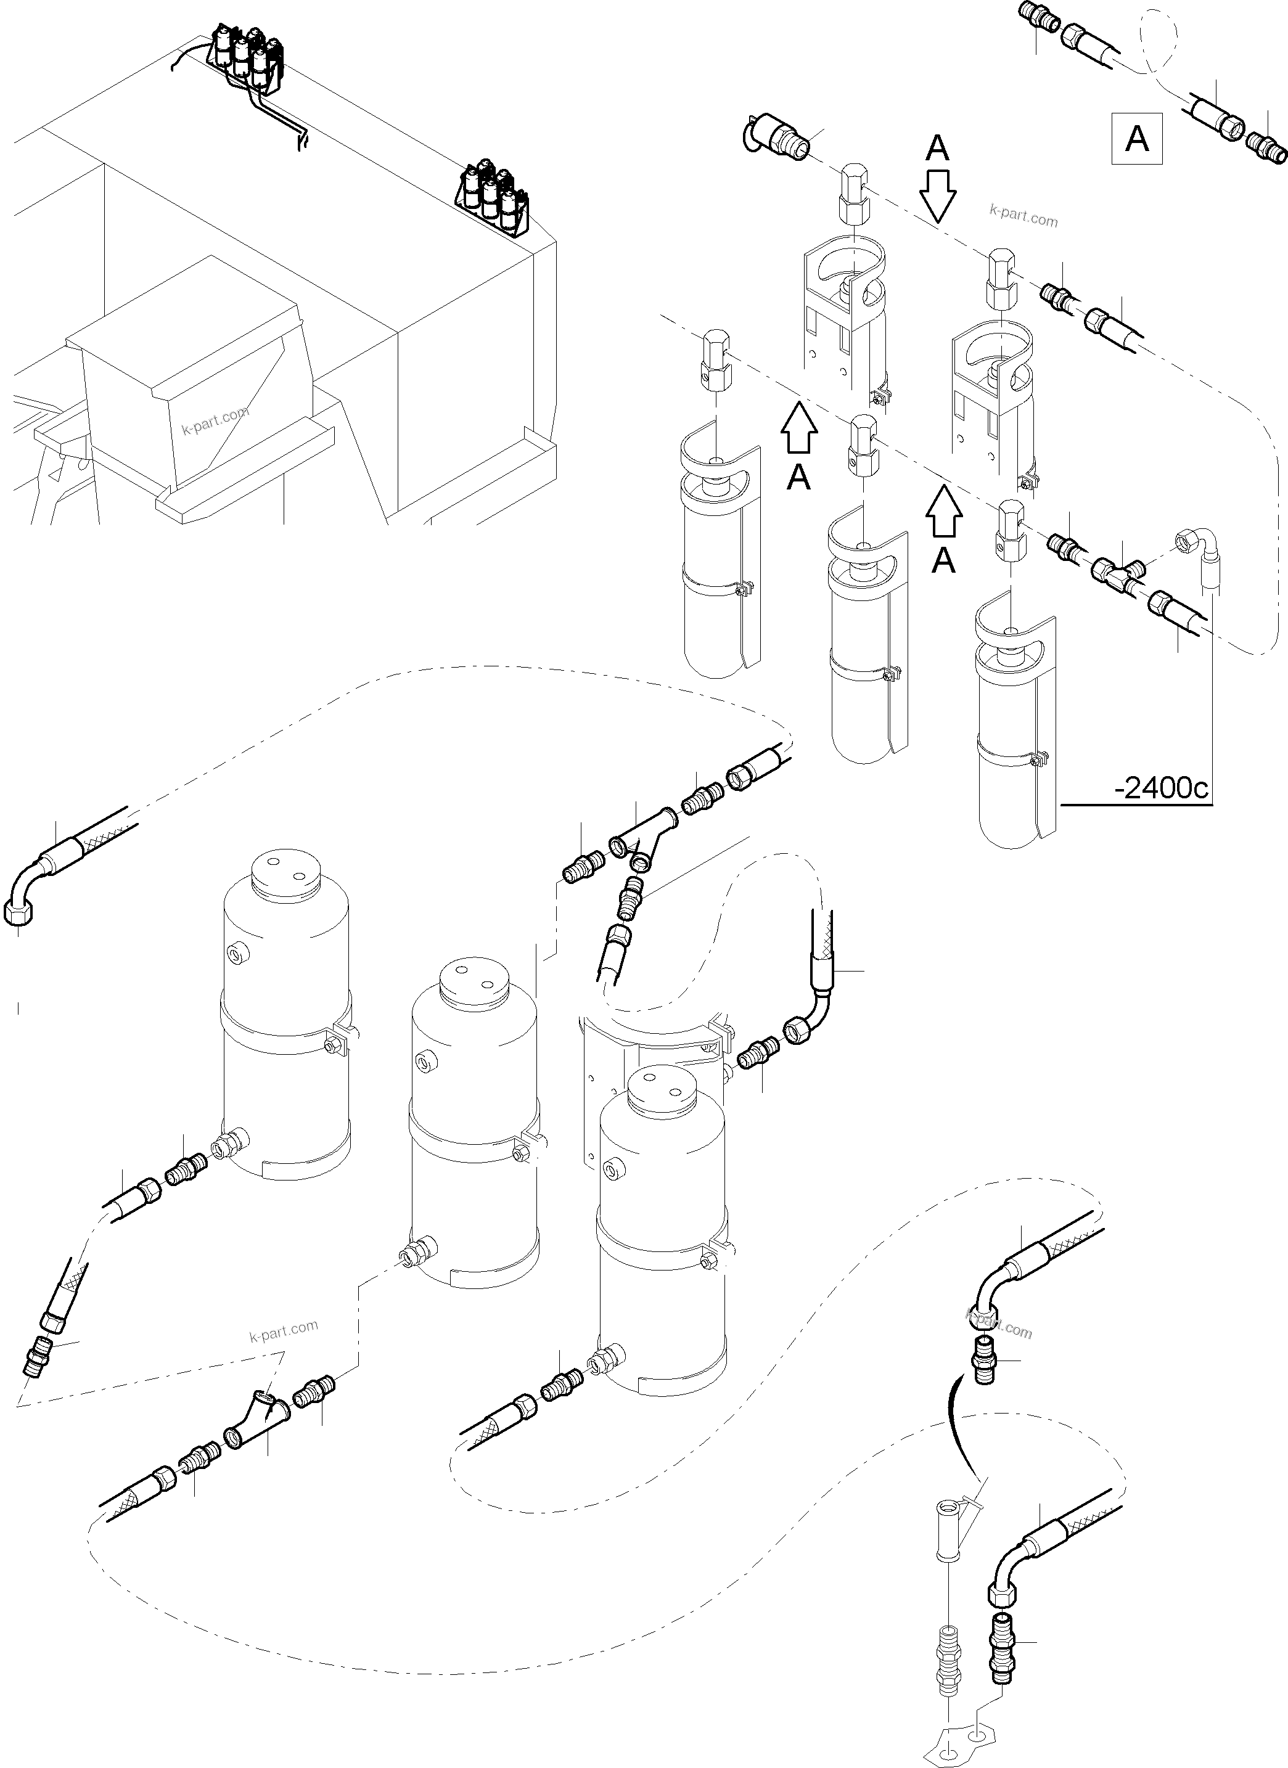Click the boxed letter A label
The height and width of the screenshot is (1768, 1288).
(1137, 139)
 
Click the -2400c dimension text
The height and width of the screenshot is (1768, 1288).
(1161, 789)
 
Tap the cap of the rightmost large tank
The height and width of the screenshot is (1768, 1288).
(661, 1090)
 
